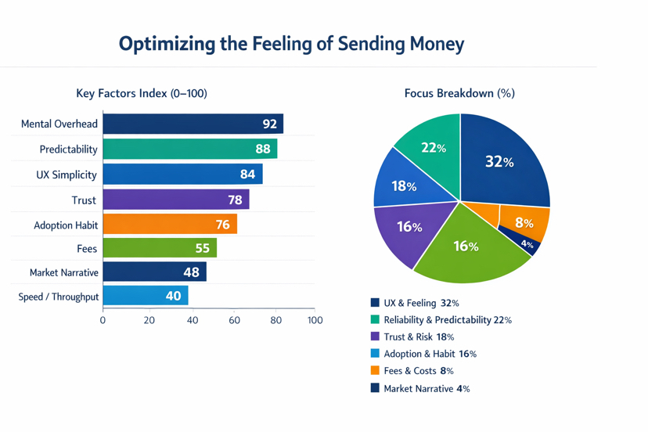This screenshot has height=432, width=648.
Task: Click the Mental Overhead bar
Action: click(193, 124)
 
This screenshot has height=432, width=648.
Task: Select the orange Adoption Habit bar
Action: click(169, 225)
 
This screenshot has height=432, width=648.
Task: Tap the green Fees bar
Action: click(159, 248)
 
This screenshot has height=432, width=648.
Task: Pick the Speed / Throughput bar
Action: click(145, 296)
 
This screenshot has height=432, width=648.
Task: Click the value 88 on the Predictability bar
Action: click(262, 149)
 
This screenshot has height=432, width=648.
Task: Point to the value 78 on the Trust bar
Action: click(235, 200)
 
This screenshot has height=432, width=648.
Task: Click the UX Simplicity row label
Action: click(67, 175)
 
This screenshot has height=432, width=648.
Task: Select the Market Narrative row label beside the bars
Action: click(64, 272)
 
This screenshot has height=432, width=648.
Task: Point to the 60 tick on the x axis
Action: click(235, 320)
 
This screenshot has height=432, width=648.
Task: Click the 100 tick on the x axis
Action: click(315, 320)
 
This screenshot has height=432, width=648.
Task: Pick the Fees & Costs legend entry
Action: click(418, 371)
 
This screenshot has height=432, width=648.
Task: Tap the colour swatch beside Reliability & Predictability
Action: click(375, 319)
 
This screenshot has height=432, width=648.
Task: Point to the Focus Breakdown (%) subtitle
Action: click(459, 93)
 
